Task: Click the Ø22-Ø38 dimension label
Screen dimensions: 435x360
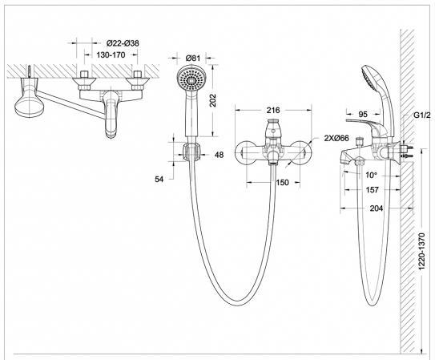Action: coord(123,43)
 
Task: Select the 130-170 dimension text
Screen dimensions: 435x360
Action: coord(111,55)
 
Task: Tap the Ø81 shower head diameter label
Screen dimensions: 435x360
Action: coord(193,58)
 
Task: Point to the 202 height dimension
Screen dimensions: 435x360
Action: coord(212,100)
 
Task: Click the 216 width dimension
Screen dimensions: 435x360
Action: coord(273,110)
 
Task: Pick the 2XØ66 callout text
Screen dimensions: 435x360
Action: coord(336,138)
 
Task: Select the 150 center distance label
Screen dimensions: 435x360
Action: coord(283,182)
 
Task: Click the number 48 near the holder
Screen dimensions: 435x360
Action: coord(219,155)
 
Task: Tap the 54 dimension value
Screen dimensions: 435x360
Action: coord(159,180)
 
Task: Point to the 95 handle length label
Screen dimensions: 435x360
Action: coord(363,114)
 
